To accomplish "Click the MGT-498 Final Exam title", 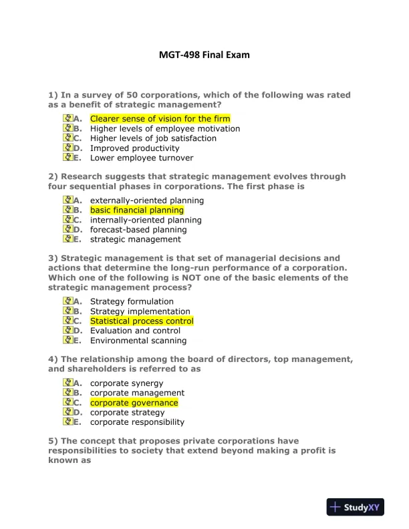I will (204, 55).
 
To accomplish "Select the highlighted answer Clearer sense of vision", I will (160, 119).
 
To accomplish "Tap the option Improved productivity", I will (134, 148).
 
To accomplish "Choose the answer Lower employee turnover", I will (142, 158).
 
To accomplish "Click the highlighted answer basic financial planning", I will (136, 210).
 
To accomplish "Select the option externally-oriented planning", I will (147, 200).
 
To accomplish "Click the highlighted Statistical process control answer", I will (142, 321).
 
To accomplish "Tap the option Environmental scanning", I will (138, 341).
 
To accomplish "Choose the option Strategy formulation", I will (132, 302).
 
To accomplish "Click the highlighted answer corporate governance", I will (134, 403).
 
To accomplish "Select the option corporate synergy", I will (126, 383).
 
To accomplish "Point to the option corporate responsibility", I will (137, 422).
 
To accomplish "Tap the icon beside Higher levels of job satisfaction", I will (67, 138).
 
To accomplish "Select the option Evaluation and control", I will (135, 331).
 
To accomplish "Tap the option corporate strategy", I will (127, 413).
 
